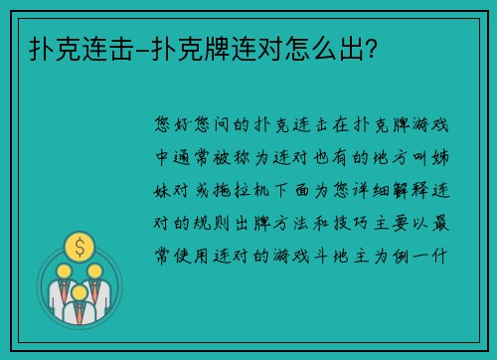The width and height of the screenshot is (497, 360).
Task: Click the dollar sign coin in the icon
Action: pyautogui.click(x=78, y=244)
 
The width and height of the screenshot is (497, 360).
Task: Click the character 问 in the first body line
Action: pyautogui.click(x=225, y=125)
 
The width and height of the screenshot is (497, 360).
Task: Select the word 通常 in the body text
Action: pyautogui.click(x=192, y=156)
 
